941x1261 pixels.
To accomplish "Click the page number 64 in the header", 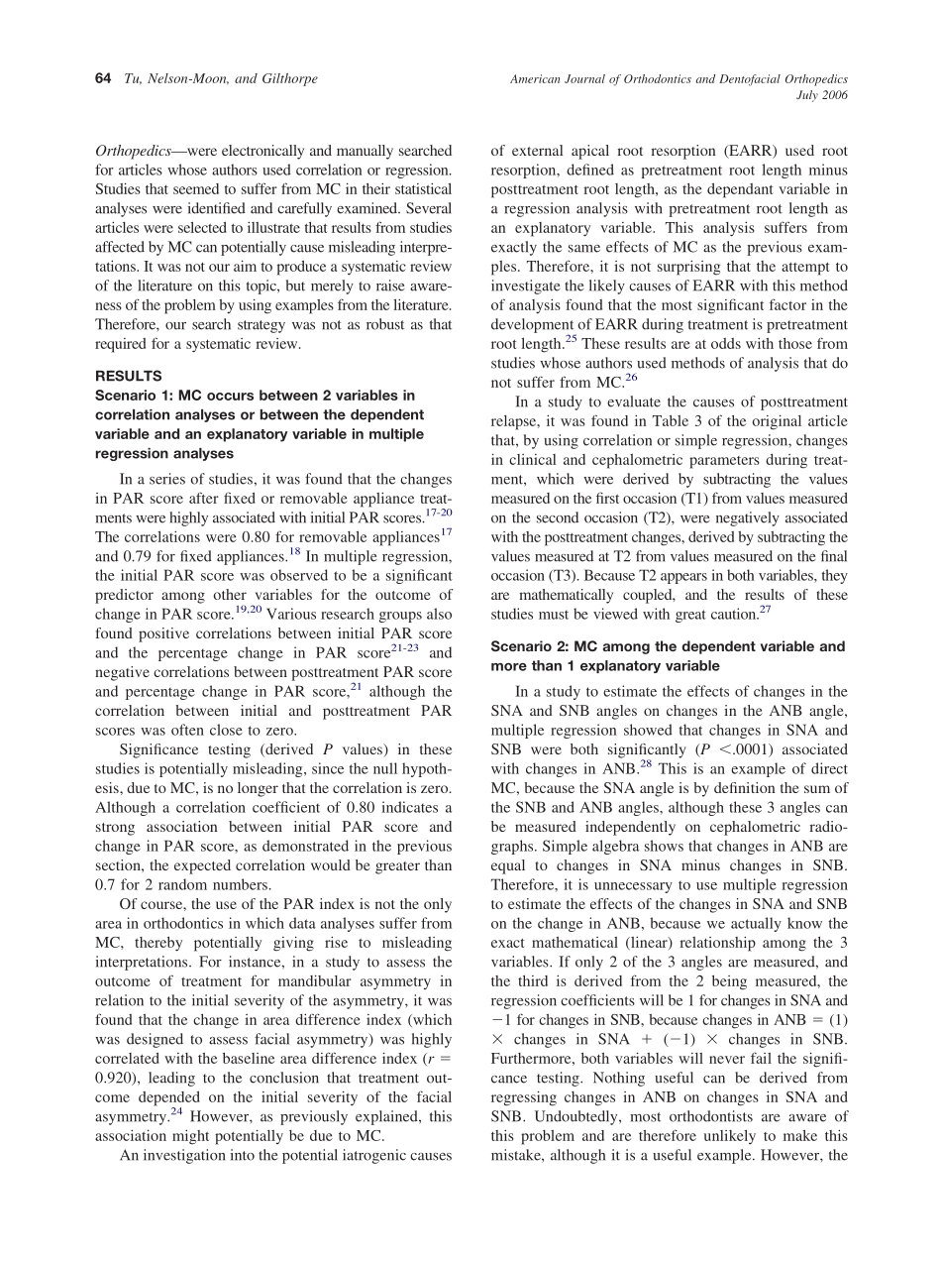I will click(102, 79).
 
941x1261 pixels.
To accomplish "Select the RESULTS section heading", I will click(128, 376).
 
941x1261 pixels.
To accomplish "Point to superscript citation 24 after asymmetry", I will click(175, 1111).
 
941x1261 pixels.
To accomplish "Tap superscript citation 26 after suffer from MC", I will click(632, 378).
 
